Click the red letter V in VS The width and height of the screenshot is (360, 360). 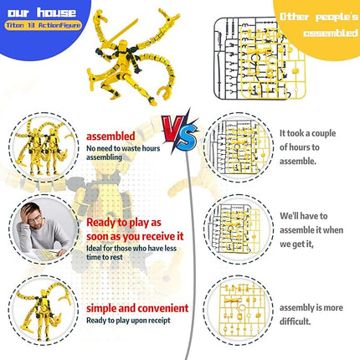point(168,126)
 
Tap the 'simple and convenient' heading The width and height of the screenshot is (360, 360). point(137,308)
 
